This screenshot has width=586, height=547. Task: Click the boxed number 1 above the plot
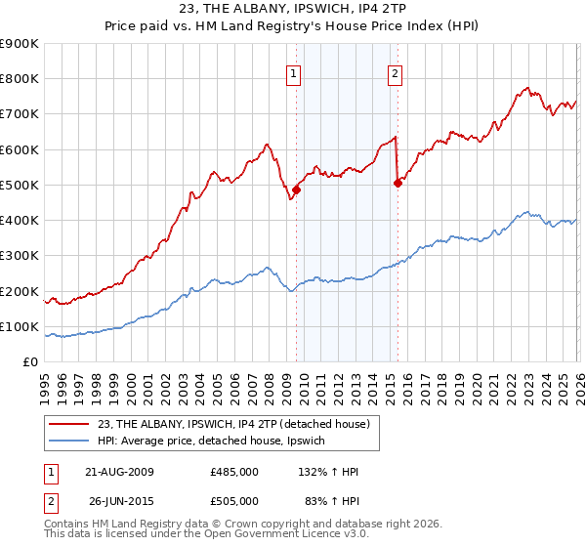(294, 72)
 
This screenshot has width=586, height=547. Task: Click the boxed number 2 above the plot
(395, 72)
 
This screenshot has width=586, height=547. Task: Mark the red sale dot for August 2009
(296, 190)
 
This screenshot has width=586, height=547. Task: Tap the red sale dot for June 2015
(398, 183)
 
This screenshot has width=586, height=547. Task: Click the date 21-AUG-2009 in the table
(120, 472)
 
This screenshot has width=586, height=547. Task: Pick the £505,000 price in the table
(233, 501)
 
